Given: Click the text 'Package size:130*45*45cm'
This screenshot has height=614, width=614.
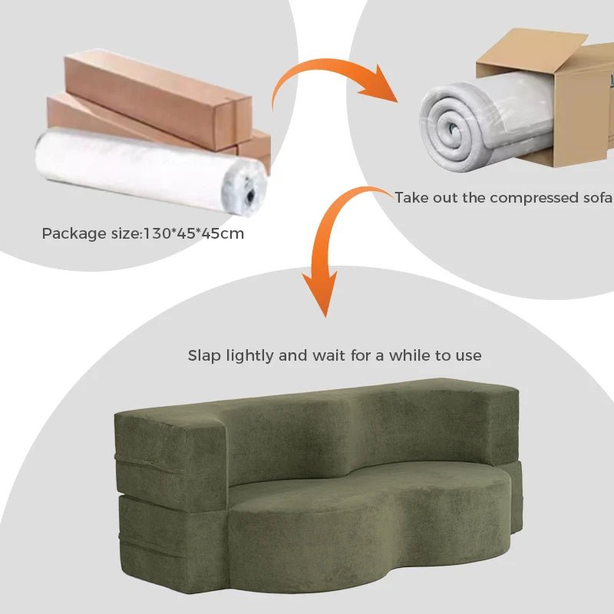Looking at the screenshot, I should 143,233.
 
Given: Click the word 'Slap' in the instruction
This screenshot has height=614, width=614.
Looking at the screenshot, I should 203,355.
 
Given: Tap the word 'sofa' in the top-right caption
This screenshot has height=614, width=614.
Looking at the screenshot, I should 596,198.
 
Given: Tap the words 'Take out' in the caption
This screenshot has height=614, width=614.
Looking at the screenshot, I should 419,198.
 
